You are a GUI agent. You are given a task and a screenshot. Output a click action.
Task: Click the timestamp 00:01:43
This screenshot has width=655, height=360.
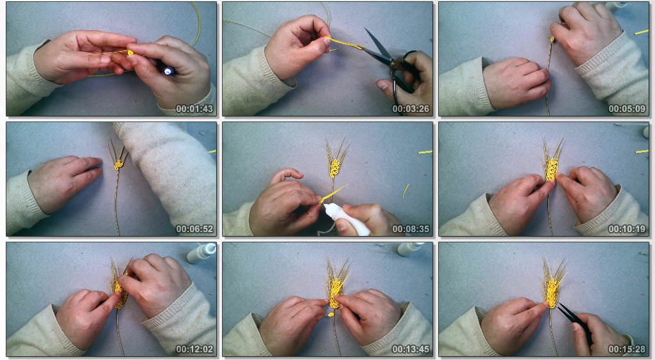(194, 109)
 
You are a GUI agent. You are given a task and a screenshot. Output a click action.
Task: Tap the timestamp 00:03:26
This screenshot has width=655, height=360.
(411, 109)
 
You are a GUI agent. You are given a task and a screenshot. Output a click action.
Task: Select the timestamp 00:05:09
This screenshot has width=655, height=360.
(627, 109)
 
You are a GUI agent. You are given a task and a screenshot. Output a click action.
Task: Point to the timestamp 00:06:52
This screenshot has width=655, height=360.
(194, 229)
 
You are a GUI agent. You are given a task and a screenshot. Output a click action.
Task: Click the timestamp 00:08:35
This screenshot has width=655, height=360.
(411, 229)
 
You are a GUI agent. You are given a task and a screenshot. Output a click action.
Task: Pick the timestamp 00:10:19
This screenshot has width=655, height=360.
(627, 229)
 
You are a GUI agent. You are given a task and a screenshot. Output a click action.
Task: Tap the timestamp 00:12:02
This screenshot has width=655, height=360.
(194, 349)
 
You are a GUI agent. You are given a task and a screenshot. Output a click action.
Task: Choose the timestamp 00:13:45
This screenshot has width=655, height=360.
(411, 349)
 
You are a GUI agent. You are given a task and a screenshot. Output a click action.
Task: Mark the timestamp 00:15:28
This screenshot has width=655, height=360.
(627, 349)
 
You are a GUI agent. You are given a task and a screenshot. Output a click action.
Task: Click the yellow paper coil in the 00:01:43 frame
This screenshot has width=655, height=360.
(130, 52)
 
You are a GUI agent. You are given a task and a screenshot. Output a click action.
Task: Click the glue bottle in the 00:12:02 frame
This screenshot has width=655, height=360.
(201, 252)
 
